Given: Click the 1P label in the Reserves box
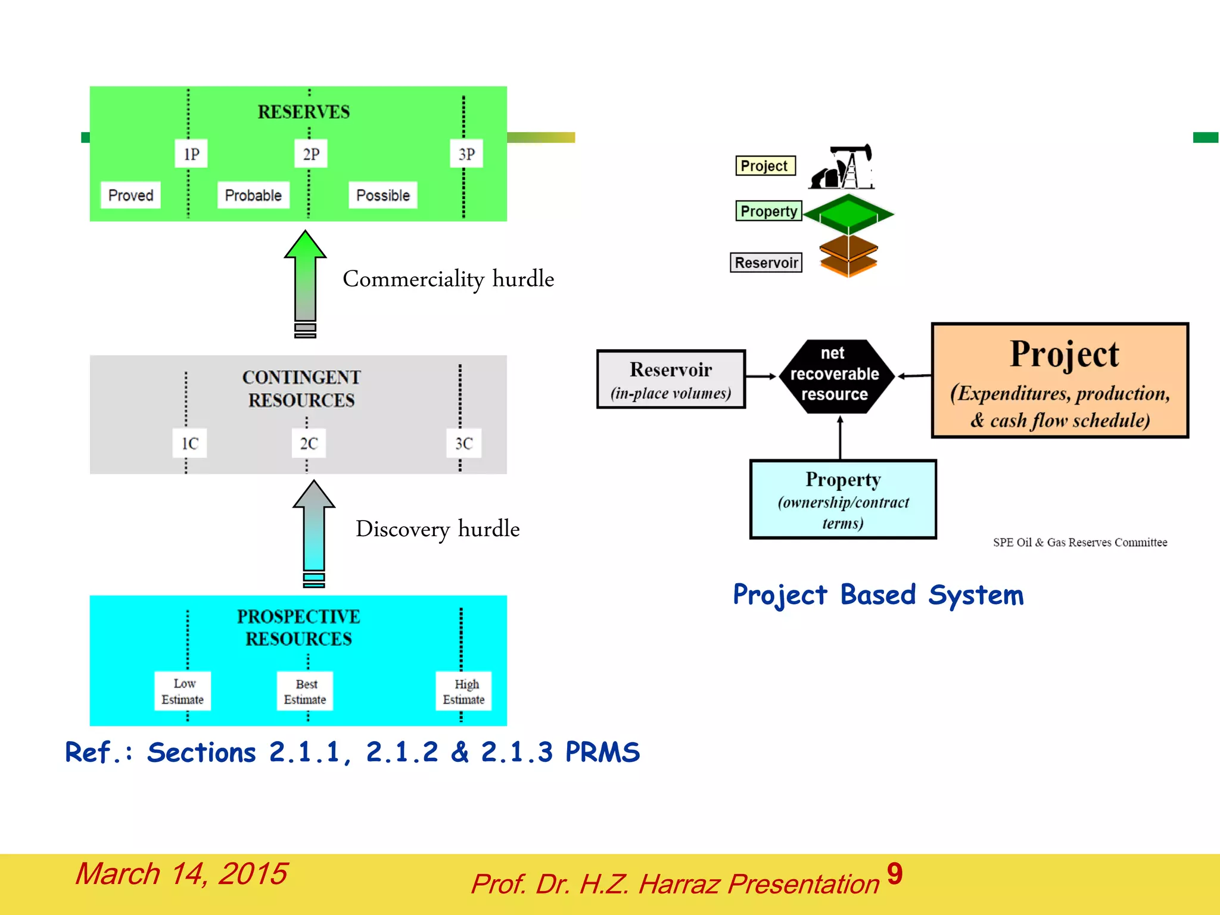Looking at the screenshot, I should pos(191,154).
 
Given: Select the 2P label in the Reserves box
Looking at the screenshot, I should pos(311,154).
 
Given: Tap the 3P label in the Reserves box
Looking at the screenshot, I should pos(466,154).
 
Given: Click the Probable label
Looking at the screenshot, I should pos(253,195).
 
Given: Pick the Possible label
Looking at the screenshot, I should pos(382,195).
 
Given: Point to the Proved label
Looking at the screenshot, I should pos(130,195).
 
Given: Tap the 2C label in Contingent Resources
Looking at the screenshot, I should pos(309,443).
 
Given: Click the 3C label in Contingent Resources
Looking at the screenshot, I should pos(463,443).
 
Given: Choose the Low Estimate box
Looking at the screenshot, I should pos(182,691).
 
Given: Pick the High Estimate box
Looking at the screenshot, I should pos(463,691).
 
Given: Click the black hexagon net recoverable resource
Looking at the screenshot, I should pos(834,375).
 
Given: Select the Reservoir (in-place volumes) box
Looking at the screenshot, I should pos(671,379).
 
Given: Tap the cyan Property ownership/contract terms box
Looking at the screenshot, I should pos(843,499).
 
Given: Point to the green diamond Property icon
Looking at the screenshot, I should pos(848,213).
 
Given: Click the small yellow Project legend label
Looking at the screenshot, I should pos(765,166).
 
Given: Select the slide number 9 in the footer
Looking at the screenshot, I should pos(894,874).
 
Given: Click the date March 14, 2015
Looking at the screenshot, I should pos(181,874).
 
